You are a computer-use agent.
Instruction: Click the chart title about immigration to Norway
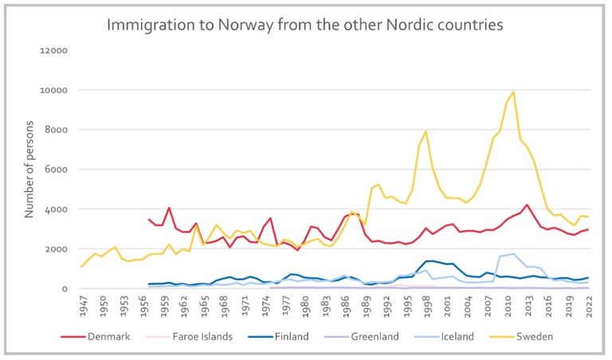click(305, 25)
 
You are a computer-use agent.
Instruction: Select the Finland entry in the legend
click(285, 336)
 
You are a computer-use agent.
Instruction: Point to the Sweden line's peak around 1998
click(426, 131)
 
